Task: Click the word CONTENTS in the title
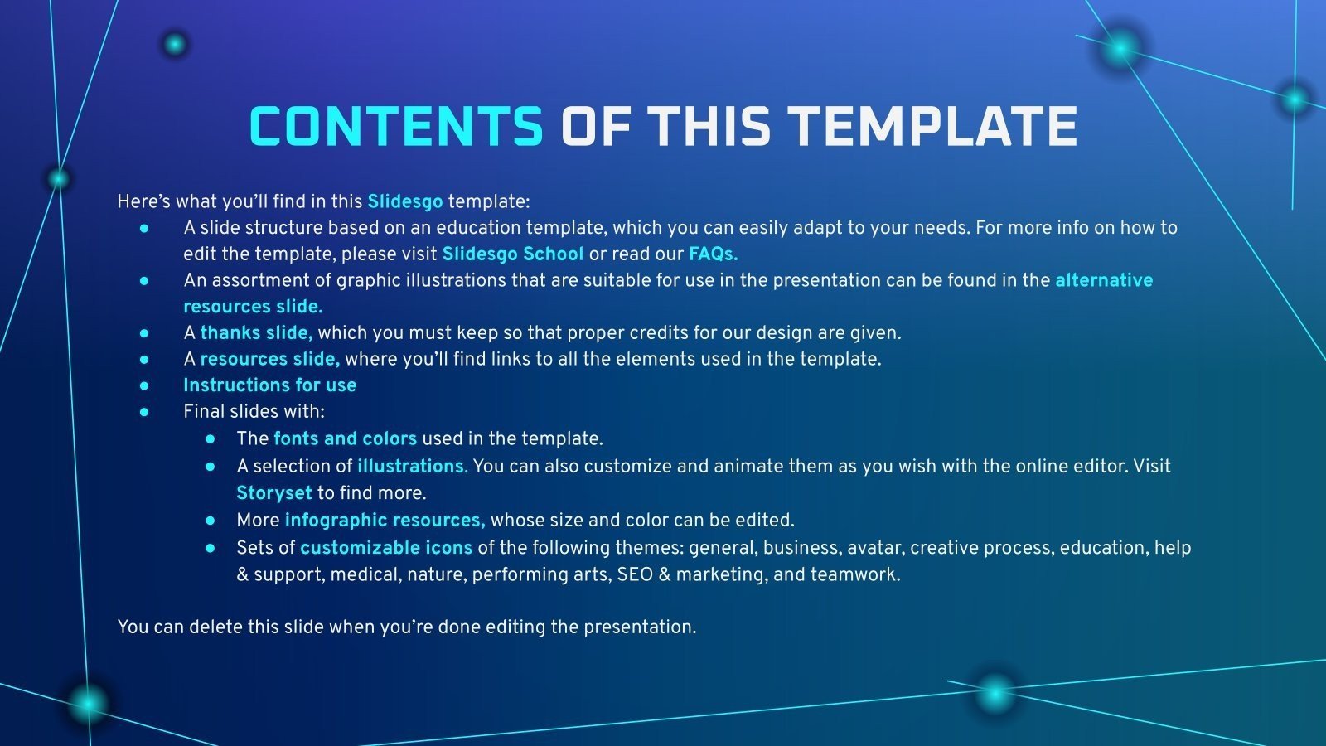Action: pos(396,126)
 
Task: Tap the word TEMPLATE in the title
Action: pos(935,126)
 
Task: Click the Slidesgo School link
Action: pos(513,254)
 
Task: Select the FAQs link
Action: pos(714,254)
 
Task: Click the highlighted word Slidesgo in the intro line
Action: pos(405,202)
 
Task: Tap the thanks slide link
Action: pos(256,332)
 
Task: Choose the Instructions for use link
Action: pos(270,385)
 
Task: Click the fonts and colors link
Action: pos(345,438)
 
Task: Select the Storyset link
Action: pos(274,493)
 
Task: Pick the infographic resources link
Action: pos(385,521)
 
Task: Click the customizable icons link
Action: pos(386,548)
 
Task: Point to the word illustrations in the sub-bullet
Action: pos(413,467)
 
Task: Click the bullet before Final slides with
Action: pos(144,412)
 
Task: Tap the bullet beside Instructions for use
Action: pos(144,385)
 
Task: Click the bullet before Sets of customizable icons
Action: pos(211,548)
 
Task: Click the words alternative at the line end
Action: pos(1104,280)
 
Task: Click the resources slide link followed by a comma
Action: pos(270,360)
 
